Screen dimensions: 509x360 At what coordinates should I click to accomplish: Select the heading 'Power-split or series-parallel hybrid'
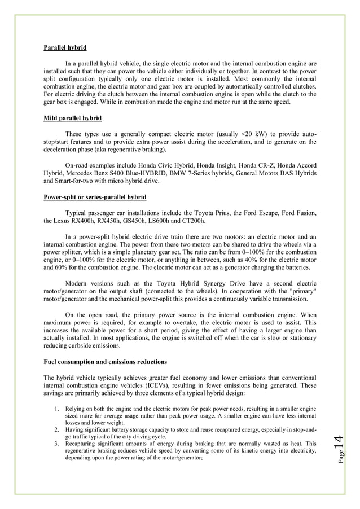95,198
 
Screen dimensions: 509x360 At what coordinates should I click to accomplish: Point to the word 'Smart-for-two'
64,182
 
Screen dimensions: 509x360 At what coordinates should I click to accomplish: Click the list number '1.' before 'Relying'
57,407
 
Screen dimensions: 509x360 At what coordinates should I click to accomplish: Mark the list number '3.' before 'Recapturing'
57,444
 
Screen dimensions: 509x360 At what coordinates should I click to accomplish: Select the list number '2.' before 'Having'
57,429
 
